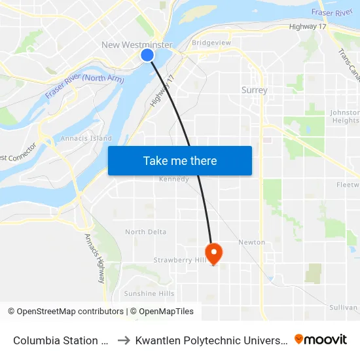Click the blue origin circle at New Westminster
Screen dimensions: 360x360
click(x=147, y=56)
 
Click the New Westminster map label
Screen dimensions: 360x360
click(x=137, y=45)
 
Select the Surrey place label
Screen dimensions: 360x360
click(x=254, y=90)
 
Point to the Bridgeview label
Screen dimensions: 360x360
click(x=211, y=43)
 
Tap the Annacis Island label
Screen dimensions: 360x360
click(x=86, y=139)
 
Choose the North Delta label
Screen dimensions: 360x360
click(x=145, y=232)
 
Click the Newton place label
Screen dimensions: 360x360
click(x=252, y=242)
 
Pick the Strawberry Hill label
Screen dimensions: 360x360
click(x=180, y=260)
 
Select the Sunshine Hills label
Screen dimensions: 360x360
click(x=149, y=293)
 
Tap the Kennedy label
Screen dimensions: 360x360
click(x=173, y=179)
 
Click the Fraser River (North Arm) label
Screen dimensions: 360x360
click(x=84, y=87)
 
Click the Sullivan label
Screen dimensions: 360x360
click(x=344, y=307)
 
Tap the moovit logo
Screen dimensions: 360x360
click(x=321, y=340)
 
